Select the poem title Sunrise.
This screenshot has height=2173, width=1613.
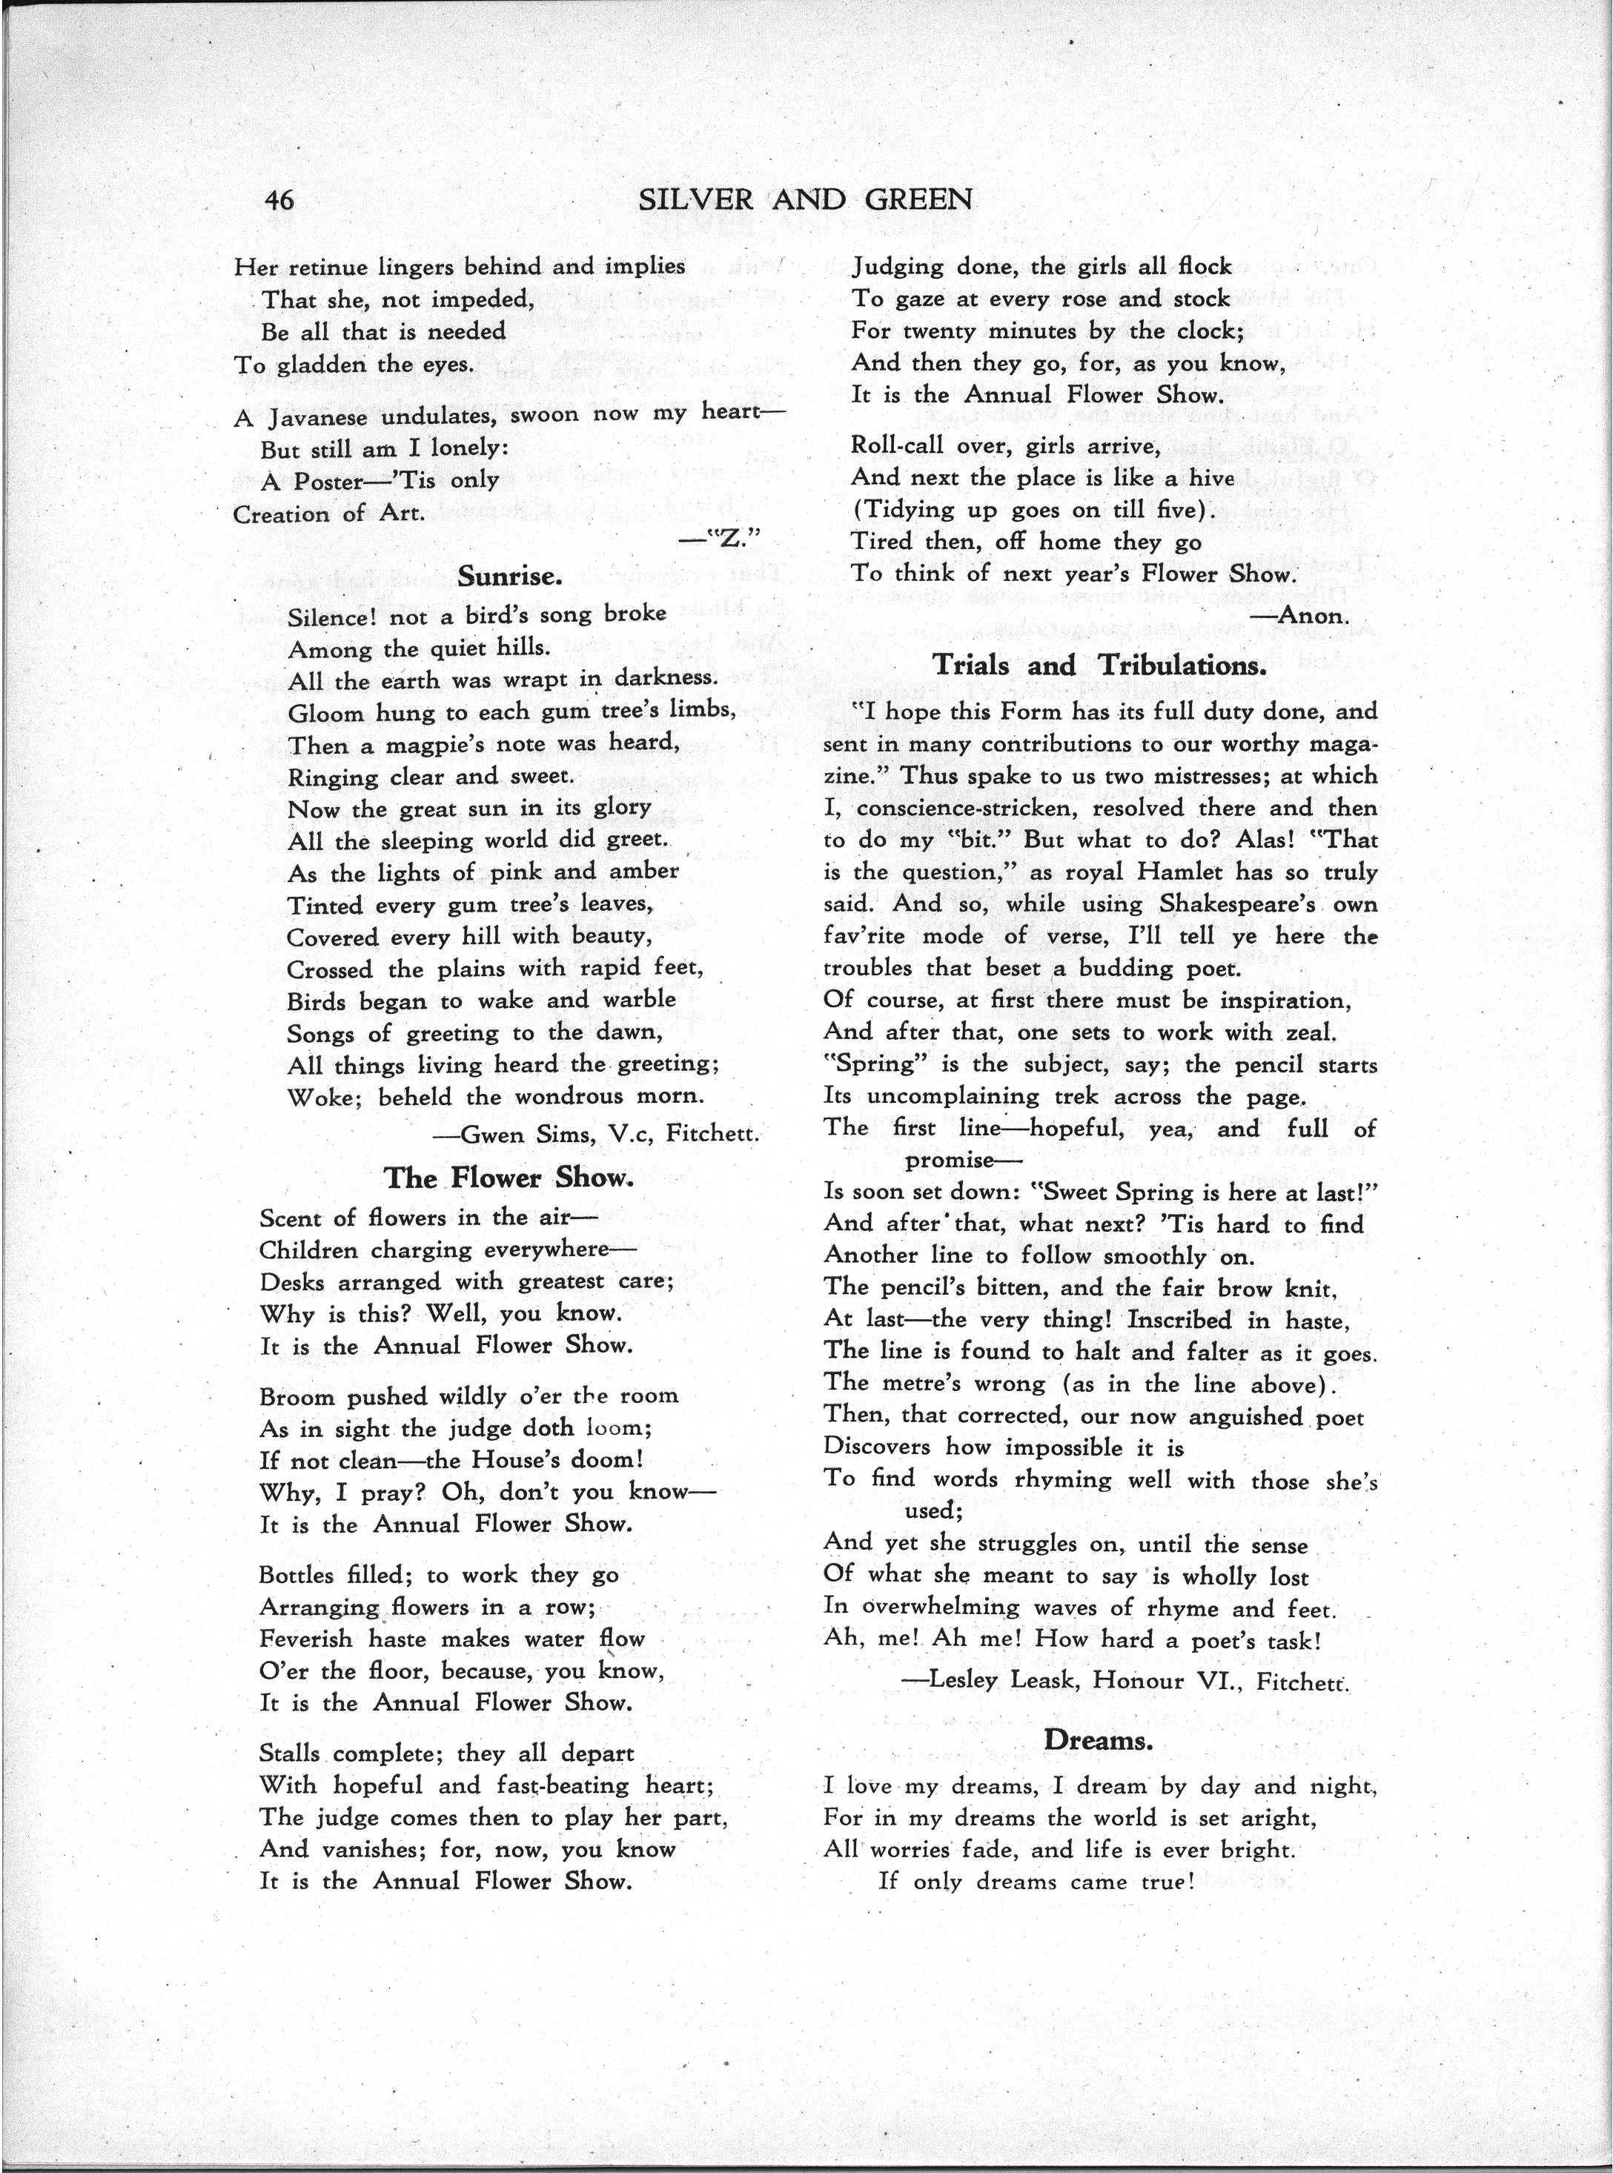[510, 576]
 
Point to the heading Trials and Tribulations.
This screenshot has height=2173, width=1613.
[1099, 666]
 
